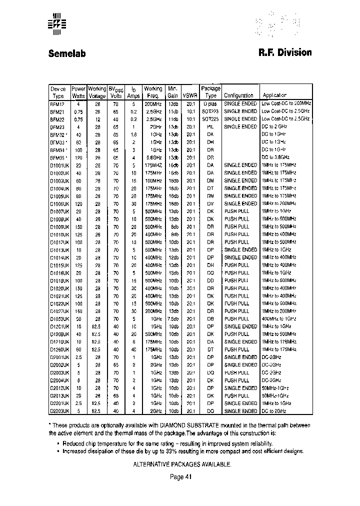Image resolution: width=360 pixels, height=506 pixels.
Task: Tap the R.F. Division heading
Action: click(x=285, y=52)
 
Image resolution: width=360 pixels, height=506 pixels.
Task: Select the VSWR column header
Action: click(x=190, y=95)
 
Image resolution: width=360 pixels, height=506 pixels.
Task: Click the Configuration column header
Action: click(x=238, y=95)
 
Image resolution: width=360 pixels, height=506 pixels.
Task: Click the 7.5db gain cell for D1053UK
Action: click(x=173, y=319)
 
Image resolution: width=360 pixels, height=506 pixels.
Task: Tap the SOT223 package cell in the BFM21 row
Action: click(x=210, y=111)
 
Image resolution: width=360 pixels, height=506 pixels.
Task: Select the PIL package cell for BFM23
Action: click(x=210, y=126)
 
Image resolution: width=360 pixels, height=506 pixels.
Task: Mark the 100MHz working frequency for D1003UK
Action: click(x=153, y=180)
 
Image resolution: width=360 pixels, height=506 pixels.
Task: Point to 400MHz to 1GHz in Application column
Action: click(x=279, y=319)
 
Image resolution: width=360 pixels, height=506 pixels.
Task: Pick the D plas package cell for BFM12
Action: click(x=210, y=103)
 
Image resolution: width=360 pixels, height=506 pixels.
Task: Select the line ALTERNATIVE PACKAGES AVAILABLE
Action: click(x=182, y=464)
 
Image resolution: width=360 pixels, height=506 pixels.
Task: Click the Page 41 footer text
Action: click(x=180, y=477)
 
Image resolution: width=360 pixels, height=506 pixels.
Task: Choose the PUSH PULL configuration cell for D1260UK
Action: click(x=236, y=349)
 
